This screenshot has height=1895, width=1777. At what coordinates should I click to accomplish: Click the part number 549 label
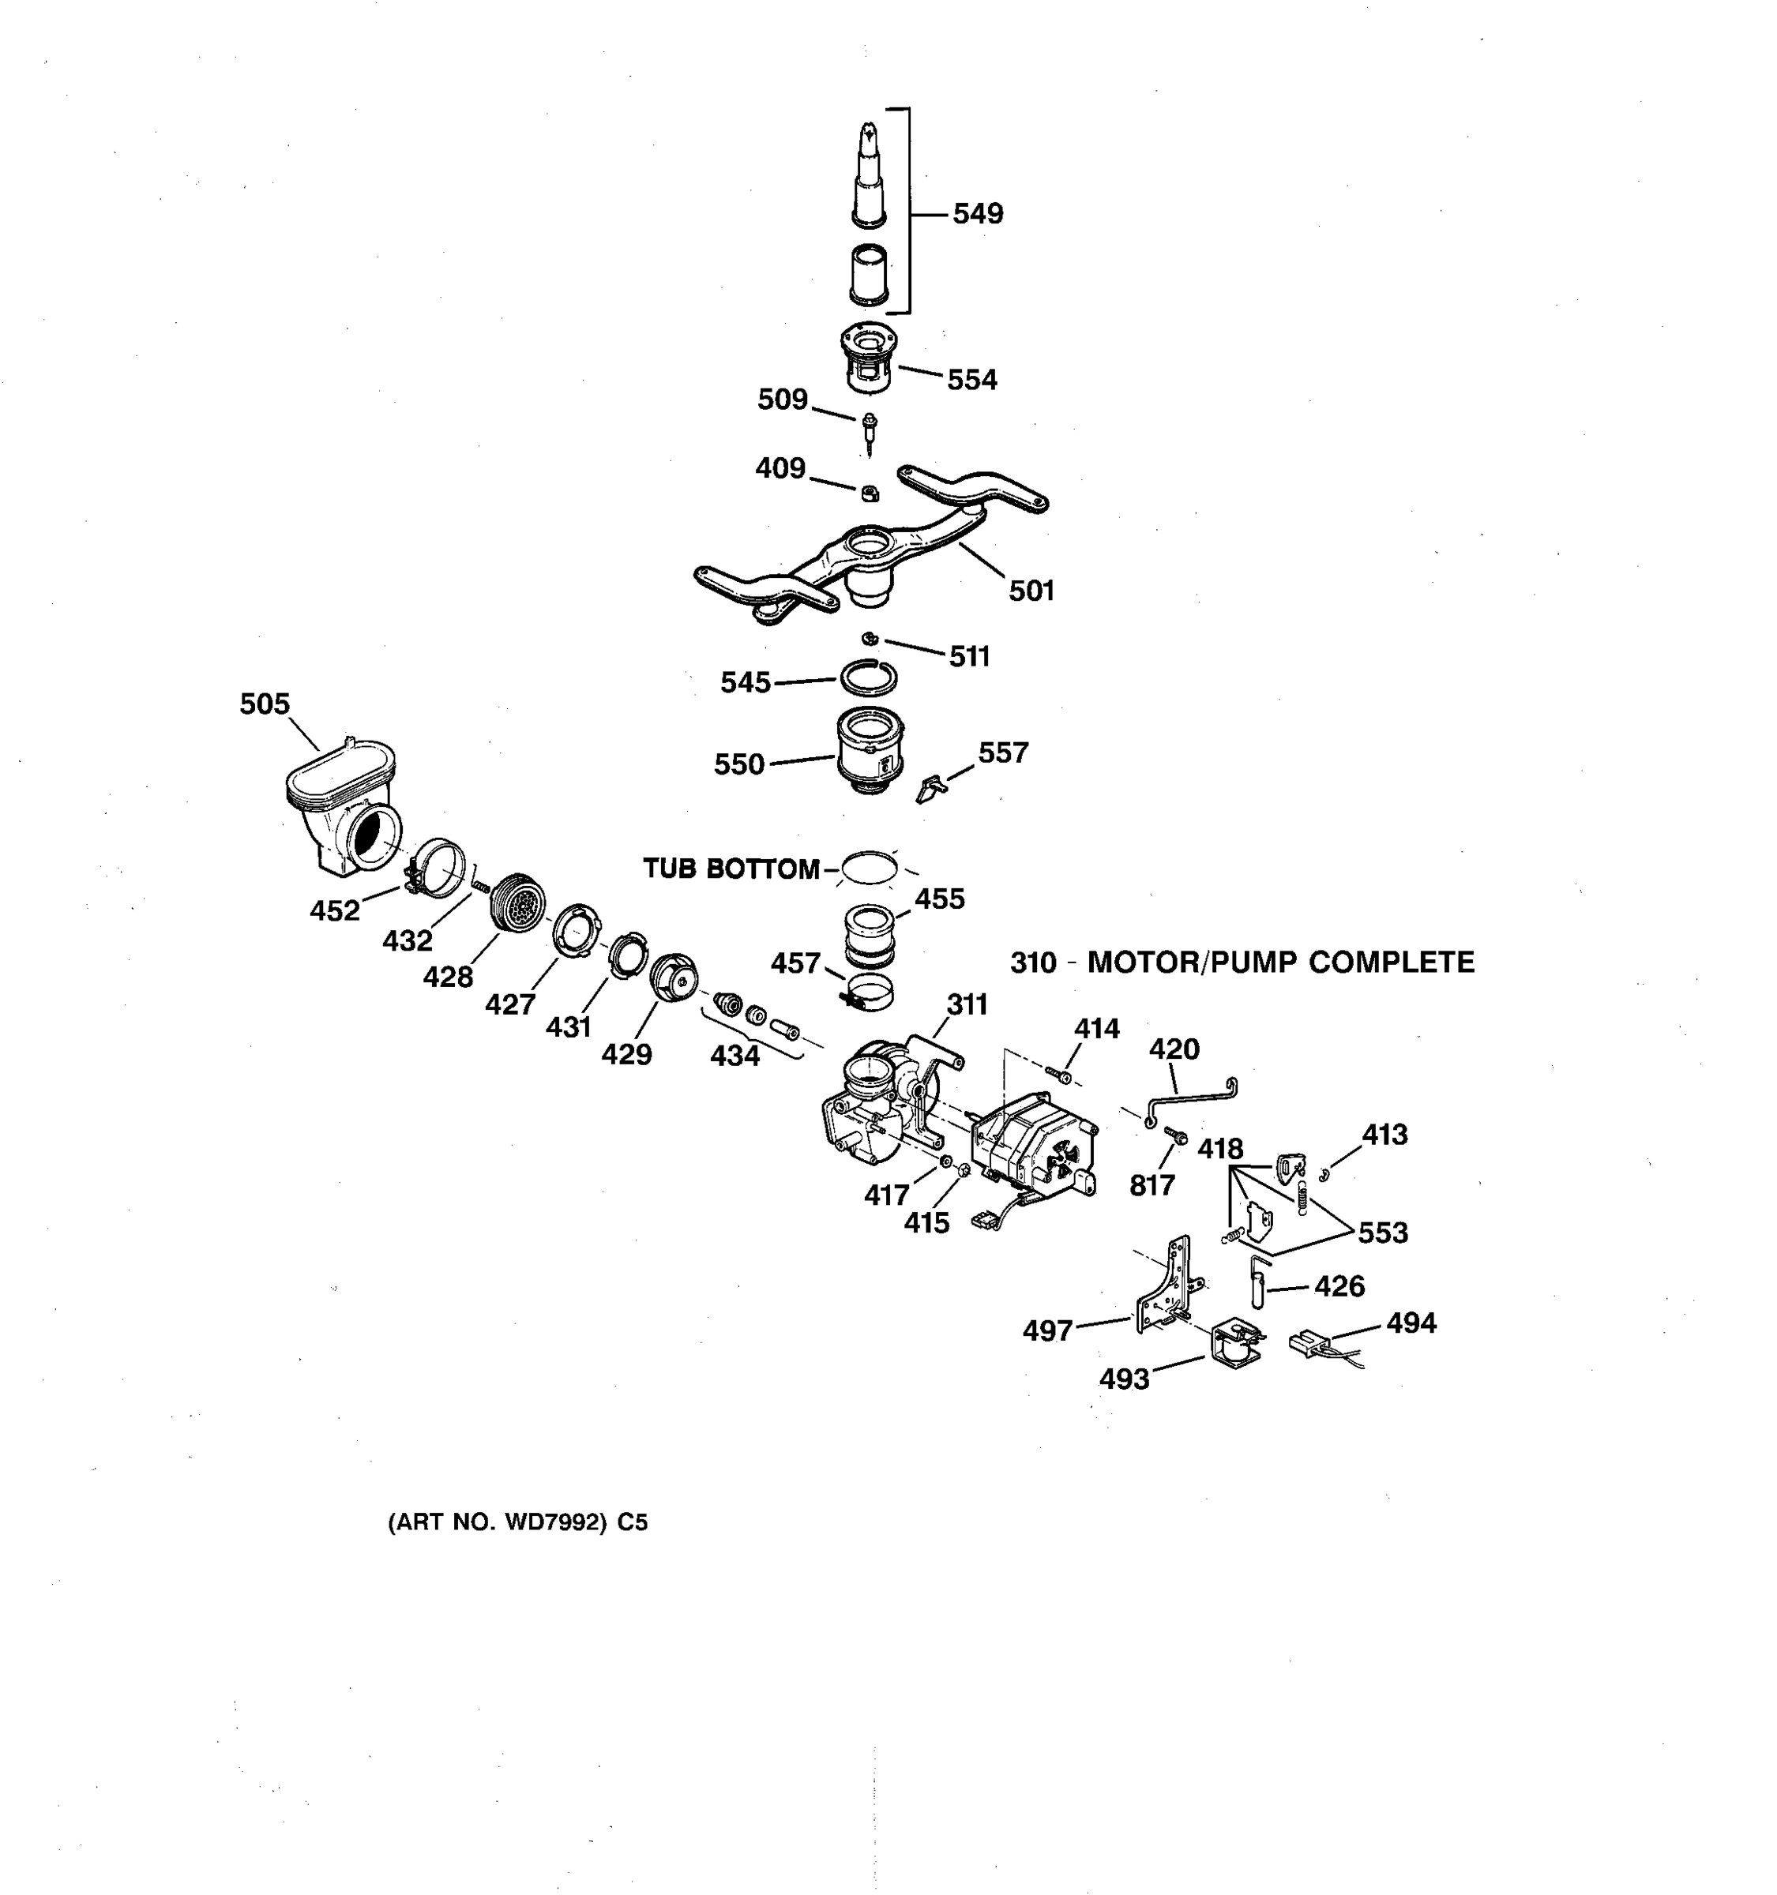tap(977, 213)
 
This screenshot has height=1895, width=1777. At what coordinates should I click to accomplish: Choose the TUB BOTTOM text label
tap(731, 869)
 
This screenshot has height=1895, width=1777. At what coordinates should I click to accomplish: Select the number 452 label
tap(335, 911)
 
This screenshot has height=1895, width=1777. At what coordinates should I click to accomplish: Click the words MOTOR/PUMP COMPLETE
tap(1280, 962)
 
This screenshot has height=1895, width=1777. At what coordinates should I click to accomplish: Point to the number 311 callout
tap(967, 1004)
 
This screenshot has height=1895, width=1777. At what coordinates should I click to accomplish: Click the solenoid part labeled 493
tap(1238, 1343)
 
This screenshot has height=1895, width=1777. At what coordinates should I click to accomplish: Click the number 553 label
tap(1382, 1233)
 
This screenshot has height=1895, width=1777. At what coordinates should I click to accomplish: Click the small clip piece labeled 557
tap(930, 788)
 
